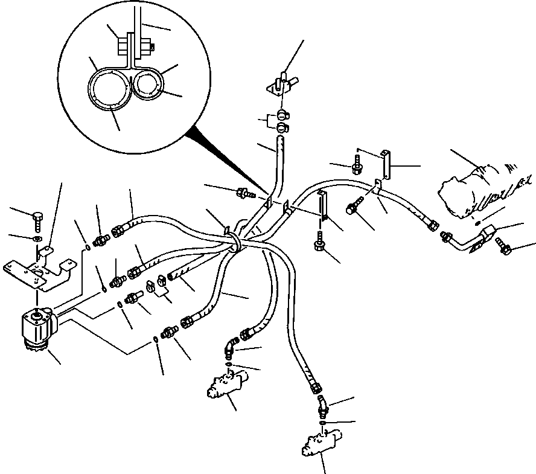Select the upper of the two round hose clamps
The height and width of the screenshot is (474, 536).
tap(282, 114)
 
